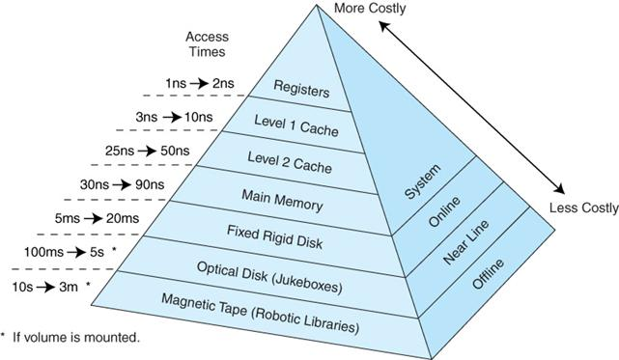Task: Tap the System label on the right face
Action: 422,183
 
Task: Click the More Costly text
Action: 370,9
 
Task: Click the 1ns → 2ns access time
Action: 198,84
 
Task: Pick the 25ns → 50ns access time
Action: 158,151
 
